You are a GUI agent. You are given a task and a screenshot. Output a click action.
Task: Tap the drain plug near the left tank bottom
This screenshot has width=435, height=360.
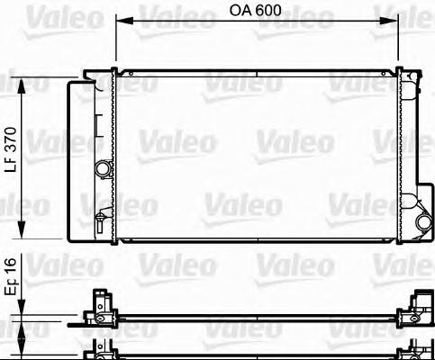101,220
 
